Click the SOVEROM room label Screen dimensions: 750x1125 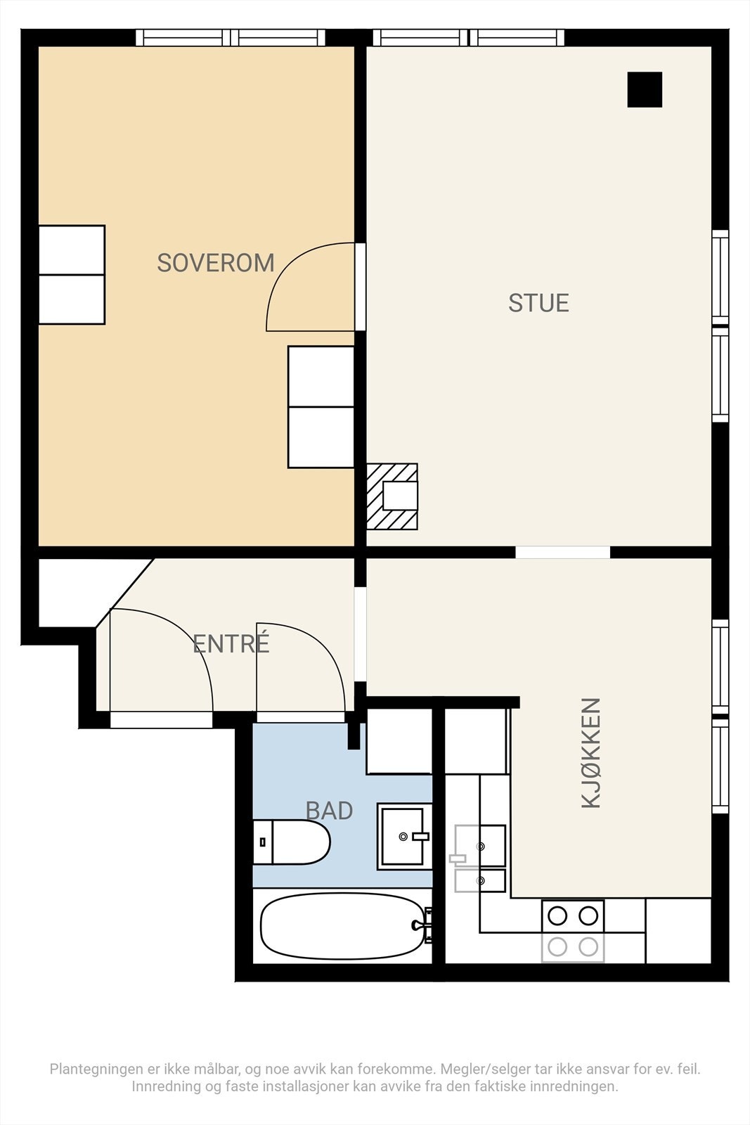pyautogui.click(x=216, y=263)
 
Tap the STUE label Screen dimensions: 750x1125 pyautogui.click(x=538, y=303)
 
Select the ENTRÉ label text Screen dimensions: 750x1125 pyautogui.click(x=231, y=643)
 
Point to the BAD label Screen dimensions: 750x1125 pyautogui.click(x=330, y=810)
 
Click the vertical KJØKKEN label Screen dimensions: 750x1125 pyautogui.click(x=591, y=752)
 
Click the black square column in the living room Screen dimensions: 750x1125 pyautogui.click(x=645, y=89)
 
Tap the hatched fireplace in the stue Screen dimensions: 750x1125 pyautogui.click(x=392, y=496)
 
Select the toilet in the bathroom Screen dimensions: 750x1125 pyautogui.click(x=291, y=842)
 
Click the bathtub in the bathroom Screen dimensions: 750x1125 pyautogui.click(x=344, y=926)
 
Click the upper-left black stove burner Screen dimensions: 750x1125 pyautogui.click(x=557, y=915)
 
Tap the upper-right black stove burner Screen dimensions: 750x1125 pyautogui.click(x=588, y=915)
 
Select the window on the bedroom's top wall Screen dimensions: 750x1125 pyautogui.click(x=231, y=38)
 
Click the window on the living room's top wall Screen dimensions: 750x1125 pyautogui.click(x=469, y=38)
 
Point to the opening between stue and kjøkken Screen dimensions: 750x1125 pyautogui.click(x=563, y=552)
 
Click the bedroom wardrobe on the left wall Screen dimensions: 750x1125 pyautogui.click(x=72, y=275)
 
